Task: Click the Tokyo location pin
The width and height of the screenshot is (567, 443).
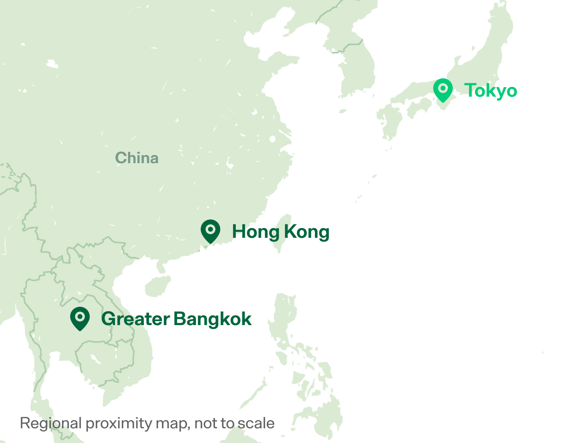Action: click(x=443, y=90)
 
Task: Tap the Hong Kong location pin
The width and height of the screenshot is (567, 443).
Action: click(x=210, y=231)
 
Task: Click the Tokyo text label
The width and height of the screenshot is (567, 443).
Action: click(x=491, y=91)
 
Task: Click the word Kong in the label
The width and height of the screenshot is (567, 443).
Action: click(x=306, y=232)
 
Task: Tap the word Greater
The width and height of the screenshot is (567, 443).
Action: click(x=135, y=319)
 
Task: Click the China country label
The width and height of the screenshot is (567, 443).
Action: click(x=137, y=158)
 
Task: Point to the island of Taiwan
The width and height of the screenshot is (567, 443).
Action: click(x=282, y=233)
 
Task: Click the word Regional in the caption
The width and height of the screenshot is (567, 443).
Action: click(x=51, y=423)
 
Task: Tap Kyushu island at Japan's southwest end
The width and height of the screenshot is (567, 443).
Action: click(x=390, y=124)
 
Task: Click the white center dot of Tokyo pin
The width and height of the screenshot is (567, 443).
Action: click(x=443, y=88)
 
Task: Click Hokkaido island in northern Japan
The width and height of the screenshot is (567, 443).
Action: click(x=498, y=24)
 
